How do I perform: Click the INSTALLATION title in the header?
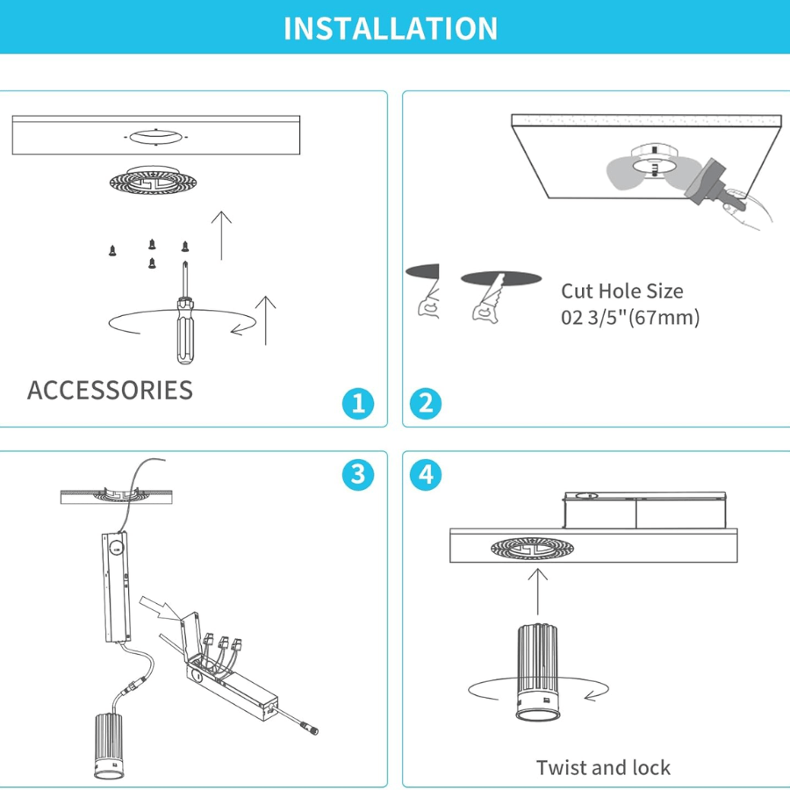(391, 28)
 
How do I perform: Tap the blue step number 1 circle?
(358, 403)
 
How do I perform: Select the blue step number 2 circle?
(426, 403)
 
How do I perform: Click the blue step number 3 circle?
(358, 475)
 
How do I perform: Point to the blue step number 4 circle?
(426, 475)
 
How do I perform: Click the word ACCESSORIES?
(110, 390)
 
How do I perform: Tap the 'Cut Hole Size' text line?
(622, 291)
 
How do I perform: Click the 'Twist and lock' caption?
(603, 767)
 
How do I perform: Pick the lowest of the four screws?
(152, 263)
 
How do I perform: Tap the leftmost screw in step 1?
(112, 250)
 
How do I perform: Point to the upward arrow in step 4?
(537, 592)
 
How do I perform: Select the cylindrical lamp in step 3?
(109, 746)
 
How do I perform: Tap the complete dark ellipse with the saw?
(501, 277)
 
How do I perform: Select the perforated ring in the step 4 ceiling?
(532, 548)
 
